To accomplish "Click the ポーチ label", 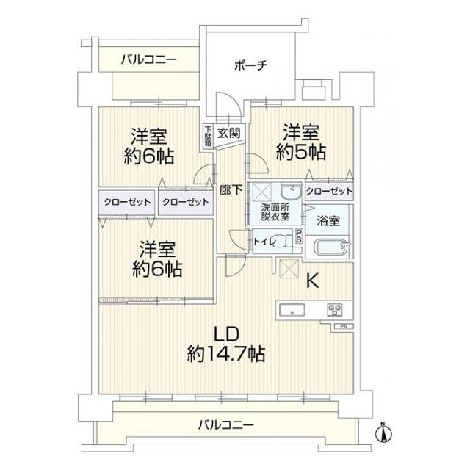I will pos(250,65).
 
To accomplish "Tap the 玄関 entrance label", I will pos(229,133).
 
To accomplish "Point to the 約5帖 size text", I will pos(303,153).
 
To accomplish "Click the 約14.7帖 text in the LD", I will pos(226,353).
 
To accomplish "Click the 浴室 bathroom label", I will pos(328,220).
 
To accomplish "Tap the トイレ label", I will pos(264,239).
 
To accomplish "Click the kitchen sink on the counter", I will pos(292,309).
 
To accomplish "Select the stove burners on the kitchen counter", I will pos(334,309).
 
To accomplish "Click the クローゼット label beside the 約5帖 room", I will pos(328,191).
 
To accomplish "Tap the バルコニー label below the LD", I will pos(226,424).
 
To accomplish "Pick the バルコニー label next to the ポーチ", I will pos(148,59).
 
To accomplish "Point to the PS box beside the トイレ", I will pos(298,236).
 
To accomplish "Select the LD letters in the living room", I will pos(226,330).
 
